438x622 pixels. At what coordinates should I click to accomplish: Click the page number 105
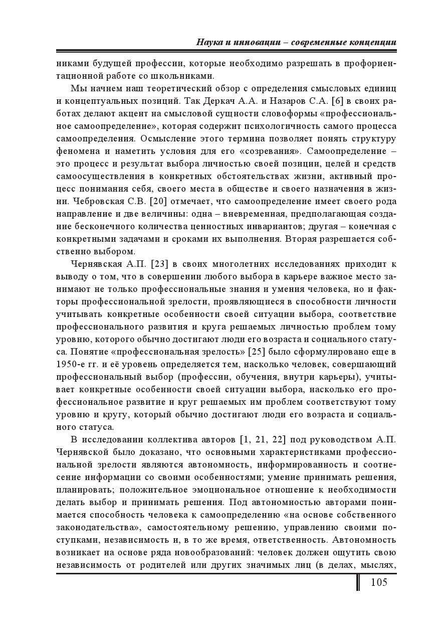(379, 582)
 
